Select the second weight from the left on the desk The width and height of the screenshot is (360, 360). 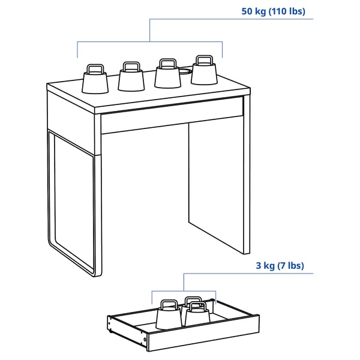(x=131, y=79)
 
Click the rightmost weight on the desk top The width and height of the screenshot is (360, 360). (x=204, y=73)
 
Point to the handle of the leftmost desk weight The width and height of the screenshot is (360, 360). (x=95, y=68)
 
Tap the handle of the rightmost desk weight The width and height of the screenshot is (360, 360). (x=203, y=59)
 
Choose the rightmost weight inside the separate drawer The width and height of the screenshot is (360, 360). (x=197, y=315)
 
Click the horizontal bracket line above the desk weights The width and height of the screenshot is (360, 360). (x=150, y=42)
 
